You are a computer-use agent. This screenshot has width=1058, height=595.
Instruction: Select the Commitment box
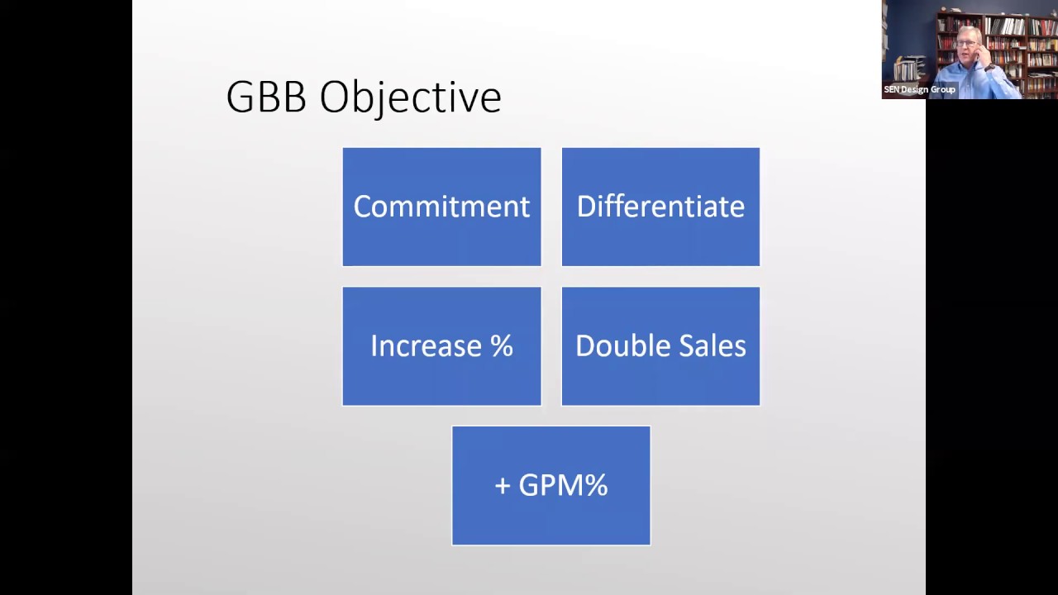pos(441,207)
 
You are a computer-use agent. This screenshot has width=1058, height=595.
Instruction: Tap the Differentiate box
pos(660,207)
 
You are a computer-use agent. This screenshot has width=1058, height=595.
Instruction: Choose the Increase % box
pos(441,346)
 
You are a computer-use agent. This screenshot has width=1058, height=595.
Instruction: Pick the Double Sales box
pos(660,346)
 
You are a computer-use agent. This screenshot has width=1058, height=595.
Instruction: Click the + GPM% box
pos(550,485)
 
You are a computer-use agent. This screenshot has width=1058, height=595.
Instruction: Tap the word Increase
pos(426,346)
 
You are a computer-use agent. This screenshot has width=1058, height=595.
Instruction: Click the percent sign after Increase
pos(502,346)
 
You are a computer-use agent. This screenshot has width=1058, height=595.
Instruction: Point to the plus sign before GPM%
pos(503,486)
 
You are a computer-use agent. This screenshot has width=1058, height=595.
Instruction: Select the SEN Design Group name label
pos(919,89)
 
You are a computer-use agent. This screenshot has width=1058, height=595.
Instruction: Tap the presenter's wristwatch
pos(989,68)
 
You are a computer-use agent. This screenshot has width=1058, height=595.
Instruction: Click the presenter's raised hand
pos(984,53)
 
